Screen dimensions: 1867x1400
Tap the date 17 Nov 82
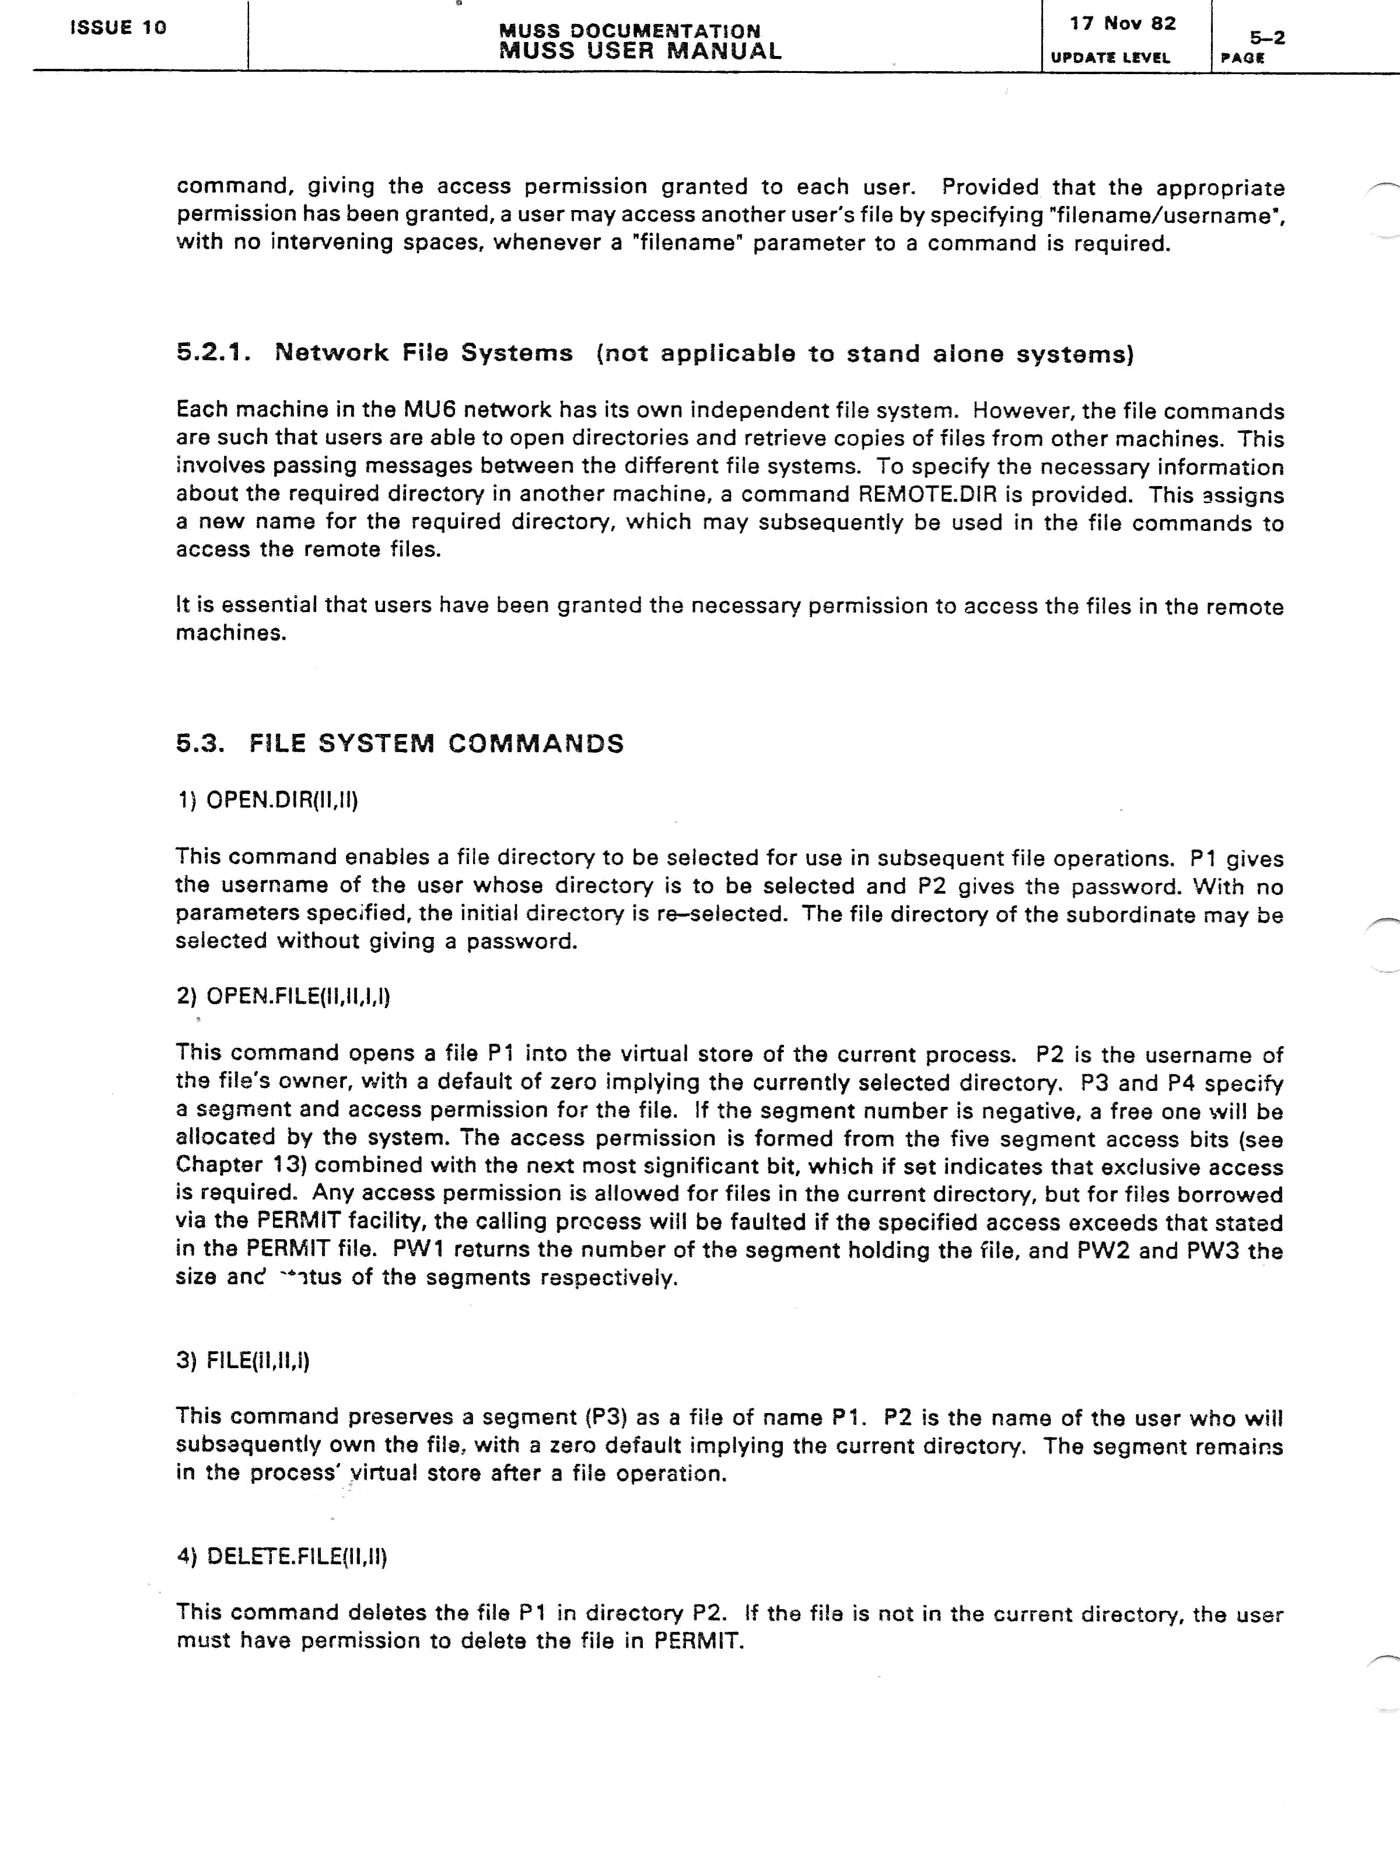coord(1122,24)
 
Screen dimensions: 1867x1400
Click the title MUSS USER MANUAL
coord(640,51)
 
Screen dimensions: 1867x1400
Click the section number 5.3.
coord(200,744)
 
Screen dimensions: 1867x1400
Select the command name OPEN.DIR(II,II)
coord(282,800)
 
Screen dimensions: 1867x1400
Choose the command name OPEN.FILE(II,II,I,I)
coord(298,997)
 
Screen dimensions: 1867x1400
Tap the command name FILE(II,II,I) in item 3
coord(257,1361)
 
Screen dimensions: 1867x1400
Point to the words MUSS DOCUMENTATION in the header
coord(629,32)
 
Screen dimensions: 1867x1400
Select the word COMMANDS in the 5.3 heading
coord(536,744)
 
